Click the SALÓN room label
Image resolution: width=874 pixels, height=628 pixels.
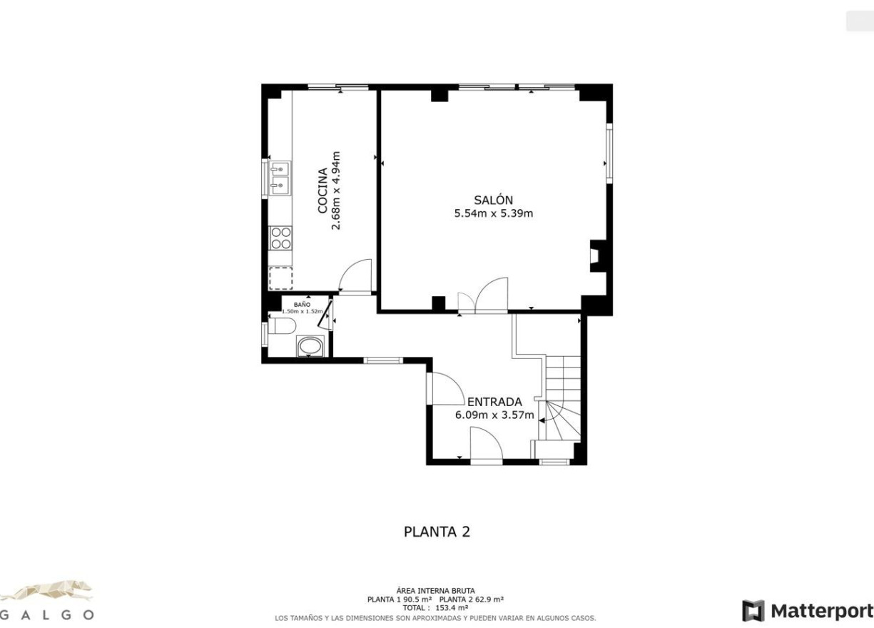point(493,201)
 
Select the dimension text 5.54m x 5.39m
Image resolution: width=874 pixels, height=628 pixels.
point(493,213)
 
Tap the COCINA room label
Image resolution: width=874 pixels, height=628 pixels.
point(322,191)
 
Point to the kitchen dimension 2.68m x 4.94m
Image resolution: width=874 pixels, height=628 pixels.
point(337,191)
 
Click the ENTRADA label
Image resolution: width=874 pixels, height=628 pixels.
point(494,402)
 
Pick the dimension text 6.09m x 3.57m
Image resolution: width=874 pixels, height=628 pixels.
point(494,415)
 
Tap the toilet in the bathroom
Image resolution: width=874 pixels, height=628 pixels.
point(282,328)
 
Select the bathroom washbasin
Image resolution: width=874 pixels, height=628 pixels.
point(310,346)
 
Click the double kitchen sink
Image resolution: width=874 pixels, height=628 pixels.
point(280,178)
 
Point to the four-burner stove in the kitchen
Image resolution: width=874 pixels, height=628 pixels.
point(280,238)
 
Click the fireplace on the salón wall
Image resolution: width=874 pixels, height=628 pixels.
point(594,257)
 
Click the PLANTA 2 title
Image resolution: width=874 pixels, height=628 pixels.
point(437,532)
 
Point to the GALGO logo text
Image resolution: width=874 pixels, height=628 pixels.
point(46,614)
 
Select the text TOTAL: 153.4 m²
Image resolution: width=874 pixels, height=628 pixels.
point(435,608)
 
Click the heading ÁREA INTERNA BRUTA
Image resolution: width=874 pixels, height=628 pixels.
point(435,591)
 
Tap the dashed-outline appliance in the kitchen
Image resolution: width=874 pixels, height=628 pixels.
point(280,278)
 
